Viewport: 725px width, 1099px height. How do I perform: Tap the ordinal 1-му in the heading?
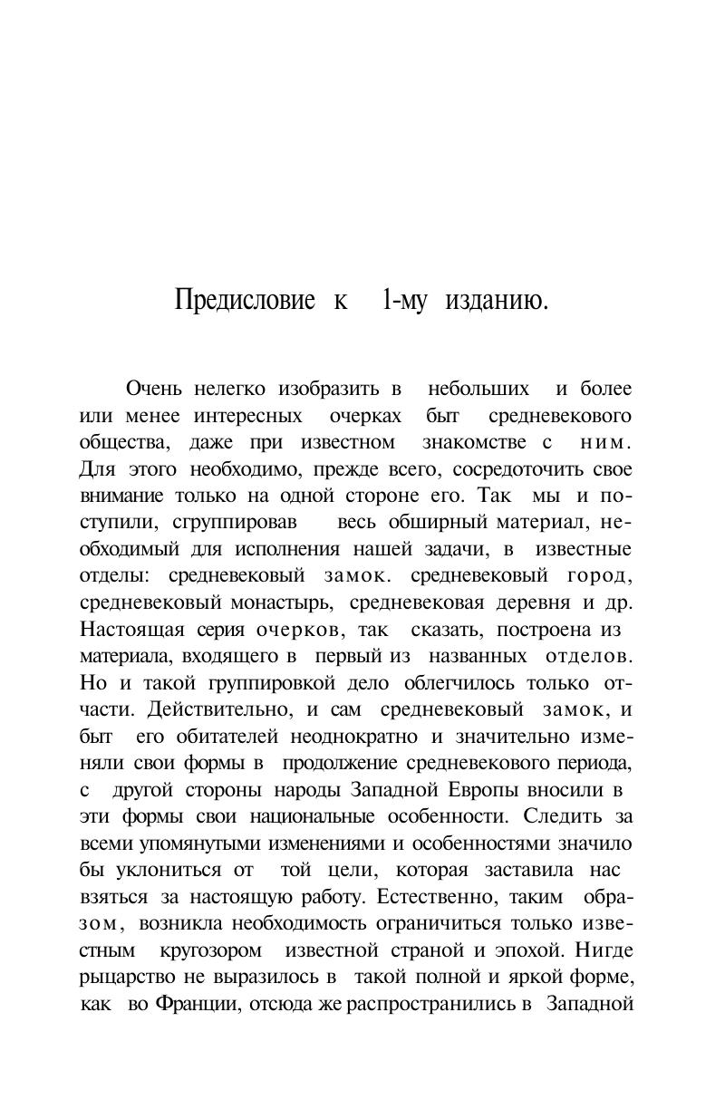point(404,300)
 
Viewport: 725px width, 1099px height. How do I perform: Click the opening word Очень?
point(154,389)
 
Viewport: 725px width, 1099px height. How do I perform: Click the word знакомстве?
point(474,443)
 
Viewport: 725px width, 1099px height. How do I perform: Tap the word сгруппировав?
point(239,523)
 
